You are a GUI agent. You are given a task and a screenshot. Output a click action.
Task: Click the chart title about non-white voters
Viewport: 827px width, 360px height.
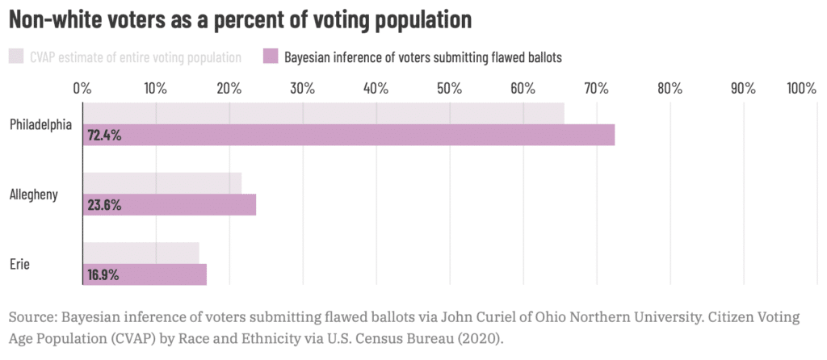pos(240,20)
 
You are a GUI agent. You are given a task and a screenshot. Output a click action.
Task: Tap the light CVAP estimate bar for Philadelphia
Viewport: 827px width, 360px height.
pos(323,114)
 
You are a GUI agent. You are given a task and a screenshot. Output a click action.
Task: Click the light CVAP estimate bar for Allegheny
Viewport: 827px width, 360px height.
pos(162,184)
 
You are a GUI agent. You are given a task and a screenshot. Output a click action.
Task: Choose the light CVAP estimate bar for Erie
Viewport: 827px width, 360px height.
pos(141,253)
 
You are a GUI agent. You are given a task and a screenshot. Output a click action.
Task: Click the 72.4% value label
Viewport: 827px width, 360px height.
pos(104,136)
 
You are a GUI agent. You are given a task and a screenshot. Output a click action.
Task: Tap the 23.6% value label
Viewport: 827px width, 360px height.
pos(104,205)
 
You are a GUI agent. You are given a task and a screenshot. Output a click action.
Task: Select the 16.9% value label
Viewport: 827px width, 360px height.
pos(103,274)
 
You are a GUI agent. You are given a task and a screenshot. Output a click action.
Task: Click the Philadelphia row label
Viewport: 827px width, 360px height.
pos(41,125)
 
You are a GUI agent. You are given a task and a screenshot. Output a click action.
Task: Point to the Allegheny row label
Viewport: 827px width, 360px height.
pos(34,195)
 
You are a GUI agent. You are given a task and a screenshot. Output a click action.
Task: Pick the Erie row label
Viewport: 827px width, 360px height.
pos(20,264)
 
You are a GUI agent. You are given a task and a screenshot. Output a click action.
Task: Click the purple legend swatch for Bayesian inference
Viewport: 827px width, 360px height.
pos(271,57)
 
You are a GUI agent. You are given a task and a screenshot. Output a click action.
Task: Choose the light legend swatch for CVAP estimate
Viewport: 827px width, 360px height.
pos(16,57)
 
